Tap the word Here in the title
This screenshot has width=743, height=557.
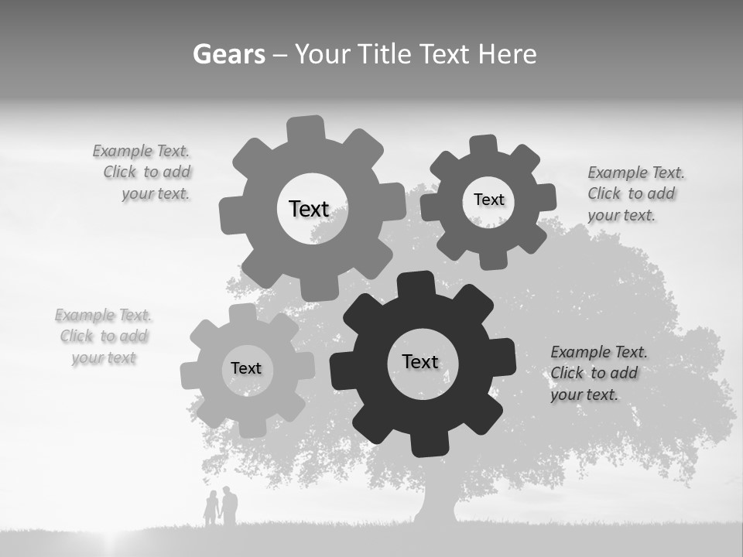click(x=507, y=54)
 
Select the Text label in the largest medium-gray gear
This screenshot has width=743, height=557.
click(x=309, y=209)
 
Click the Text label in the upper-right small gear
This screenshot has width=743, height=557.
click(x=488, y=200)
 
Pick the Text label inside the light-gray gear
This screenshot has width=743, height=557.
click(x=246, y=368)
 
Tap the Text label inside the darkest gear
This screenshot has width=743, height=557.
click(x=420, y=361)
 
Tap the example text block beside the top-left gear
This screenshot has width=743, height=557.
click(x=144, y=173)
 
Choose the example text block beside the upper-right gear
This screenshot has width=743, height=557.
click(x=635, y=193)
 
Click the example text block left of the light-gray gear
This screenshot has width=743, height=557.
click(x=104, y=337)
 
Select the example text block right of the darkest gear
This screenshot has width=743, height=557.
click(x=597, y=373)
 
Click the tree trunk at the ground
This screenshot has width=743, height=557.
click(x=436, y=507)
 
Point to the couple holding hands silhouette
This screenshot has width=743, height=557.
click(x=220, y=507)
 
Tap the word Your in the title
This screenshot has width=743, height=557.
click(x=324, y=54)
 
